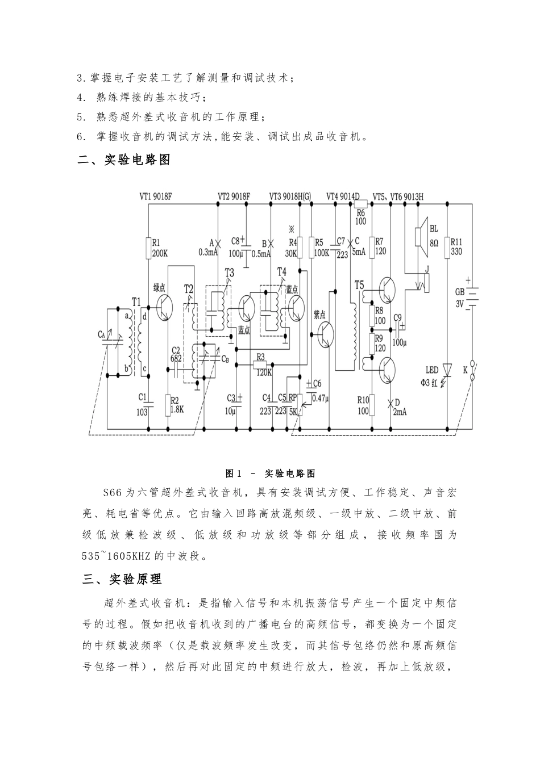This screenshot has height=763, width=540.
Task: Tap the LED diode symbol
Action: coord(447,370)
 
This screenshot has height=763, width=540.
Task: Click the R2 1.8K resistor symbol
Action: coord(168,404)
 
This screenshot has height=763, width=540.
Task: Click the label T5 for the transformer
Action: coord(359,284)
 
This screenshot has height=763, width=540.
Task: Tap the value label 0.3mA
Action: coord(207,253)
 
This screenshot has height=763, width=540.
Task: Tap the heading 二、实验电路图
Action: coord(124,160)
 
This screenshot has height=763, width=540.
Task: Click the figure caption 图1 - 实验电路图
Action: coord(271,473)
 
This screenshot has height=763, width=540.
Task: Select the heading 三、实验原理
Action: coord(122,579)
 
